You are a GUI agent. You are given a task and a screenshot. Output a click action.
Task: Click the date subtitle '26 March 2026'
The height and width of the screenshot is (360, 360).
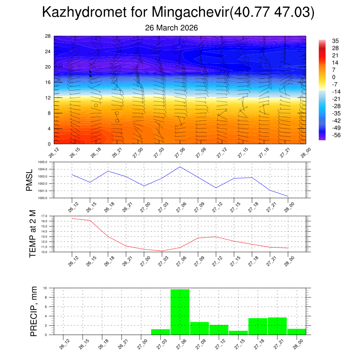pyautogui.click(x=172, y=28)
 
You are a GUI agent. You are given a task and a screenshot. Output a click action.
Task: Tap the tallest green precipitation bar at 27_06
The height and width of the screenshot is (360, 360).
pyautogui.click(x=180, y=311)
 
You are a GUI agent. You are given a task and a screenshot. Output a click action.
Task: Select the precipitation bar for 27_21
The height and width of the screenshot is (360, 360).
pyautogui.click(x=277, y=326)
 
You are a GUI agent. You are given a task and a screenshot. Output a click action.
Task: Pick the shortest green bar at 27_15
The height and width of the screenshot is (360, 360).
pyautogui.click(x=238, y=333)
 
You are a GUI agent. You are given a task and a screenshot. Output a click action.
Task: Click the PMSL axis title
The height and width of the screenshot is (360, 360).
pyautogui.click(x=30, y=180)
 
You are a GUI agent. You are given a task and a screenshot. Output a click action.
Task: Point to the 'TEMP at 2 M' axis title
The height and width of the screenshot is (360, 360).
pyautogui.click(x=33, y=233)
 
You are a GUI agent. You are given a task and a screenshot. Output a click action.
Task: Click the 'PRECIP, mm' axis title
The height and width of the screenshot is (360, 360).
pyautogui.click(x=33, y=311)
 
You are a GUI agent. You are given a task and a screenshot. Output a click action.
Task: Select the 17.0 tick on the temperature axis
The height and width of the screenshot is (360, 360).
pyautogui.click(x=49, y=216)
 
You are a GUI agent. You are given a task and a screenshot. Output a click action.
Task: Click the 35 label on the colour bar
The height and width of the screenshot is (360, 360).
pyautogui.click(x=335, y=41)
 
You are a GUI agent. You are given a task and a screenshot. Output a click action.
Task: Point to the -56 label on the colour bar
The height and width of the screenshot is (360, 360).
pyautogui.click(x=336, y=135)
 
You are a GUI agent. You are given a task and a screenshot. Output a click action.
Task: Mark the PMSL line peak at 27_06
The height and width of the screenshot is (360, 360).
pyautogui.click(x=180, y=167)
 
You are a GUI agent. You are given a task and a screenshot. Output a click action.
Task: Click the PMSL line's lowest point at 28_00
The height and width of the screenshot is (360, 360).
pyautogui.click(x=288, y=196)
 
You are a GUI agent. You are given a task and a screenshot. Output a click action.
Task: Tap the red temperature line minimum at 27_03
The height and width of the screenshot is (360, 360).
pyautogui.click(x=162, y=251)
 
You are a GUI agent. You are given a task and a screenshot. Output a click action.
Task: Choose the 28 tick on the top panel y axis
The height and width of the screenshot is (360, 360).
pyautogui.click(x=48, y=36)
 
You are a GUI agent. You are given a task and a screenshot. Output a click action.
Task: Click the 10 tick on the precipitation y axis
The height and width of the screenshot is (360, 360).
pyautogui.click(x=50, y=288)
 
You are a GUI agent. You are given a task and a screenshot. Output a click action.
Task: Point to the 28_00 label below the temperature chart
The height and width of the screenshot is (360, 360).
pyautogui.click(x=287, y=260)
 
